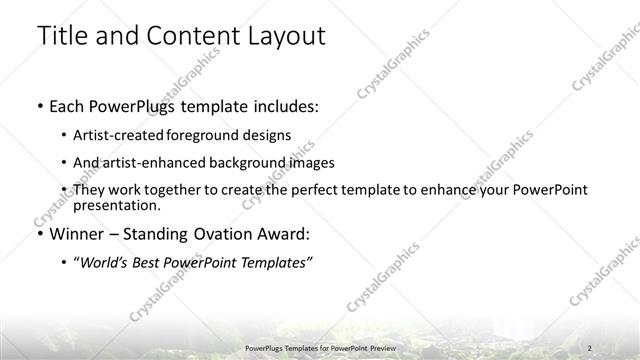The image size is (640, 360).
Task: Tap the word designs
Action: click(x=268, y=134)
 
